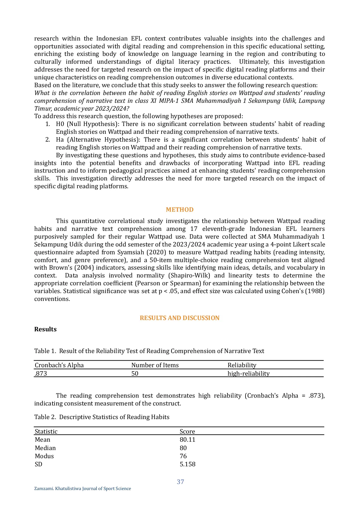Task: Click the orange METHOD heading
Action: (x=179, y=210)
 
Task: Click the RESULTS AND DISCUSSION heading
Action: (x=179, y=318)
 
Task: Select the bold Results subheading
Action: (x=46, y=329)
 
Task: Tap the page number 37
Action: (x=180, y=482)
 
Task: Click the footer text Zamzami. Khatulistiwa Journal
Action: (x=83, y=489)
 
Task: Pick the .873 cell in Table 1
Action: (x=41, y=374)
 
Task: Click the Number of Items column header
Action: (x=155, y=365)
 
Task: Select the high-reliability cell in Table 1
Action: (x=248, y=374)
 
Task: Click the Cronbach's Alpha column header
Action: (x=59, y=365)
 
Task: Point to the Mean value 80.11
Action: (x=188, y=440)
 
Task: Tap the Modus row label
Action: (x=44, y=456)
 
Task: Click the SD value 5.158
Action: (x=188, y=464)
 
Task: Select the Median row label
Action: (x=45, y=448)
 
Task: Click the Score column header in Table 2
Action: (x=187, y=432)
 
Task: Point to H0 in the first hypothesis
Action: (x=60, y=124)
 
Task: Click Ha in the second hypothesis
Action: (x=60, y=140)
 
